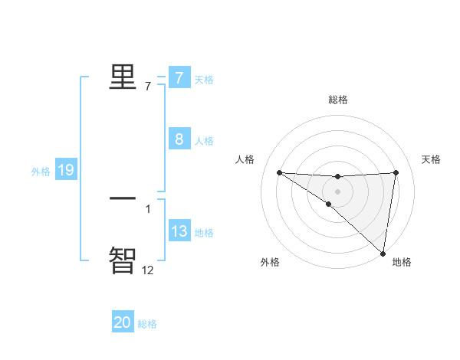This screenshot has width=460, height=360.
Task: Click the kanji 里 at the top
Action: click(123, 77)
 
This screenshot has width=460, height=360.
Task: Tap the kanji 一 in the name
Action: click(123, 198)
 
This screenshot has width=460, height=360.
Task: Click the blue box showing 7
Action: click(179, 78)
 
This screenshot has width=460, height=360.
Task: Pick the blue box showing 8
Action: click(179, 139)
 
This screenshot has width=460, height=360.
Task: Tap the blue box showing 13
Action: click(179, 231)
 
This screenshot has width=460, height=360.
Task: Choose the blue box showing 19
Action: click(66, 170)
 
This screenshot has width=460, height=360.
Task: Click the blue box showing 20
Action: click(123, 322)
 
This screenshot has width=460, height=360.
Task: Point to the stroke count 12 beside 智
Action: click(148, 270)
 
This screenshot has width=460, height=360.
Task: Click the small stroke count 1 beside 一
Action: click(148, 208)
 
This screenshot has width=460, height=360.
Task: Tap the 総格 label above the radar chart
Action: click(338, 100)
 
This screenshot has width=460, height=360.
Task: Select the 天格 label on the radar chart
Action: click(432, 159)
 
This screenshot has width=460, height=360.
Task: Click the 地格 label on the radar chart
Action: click(402, 262)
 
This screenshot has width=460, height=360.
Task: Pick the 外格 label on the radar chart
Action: click(270, 262)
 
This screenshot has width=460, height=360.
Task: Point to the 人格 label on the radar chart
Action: click(245, 159)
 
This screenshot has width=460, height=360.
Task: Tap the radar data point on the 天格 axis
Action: click(396, 172)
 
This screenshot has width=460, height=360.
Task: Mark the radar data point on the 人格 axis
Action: click(279, 172)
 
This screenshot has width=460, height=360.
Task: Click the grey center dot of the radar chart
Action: click(337, 191)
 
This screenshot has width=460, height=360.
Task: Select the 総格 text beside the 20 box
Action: click(147, 324)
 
